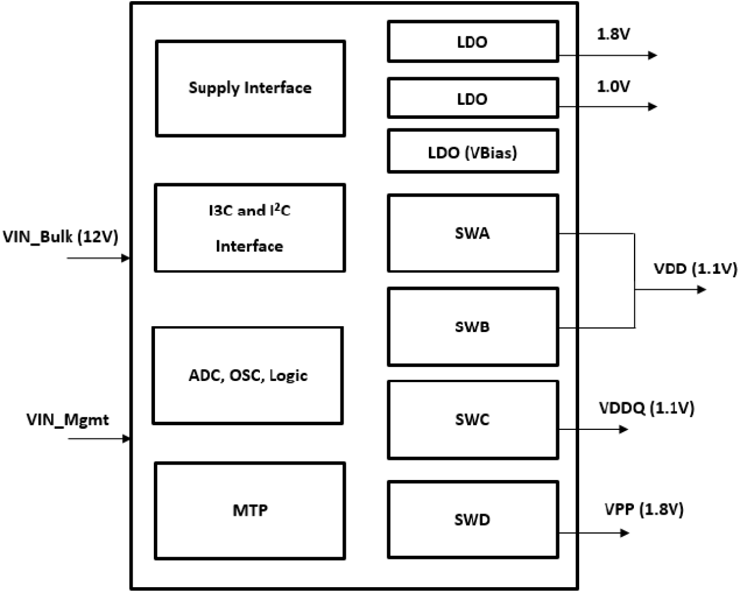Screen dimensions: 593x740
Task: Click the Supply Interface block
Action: point(250,88)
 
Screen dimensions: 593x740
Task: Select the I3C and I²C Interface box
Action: point(249,228)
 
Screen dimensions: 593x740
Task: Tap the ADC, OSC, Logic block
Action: point(247,375)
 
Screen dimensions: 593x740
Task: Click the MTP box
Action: point(250,511)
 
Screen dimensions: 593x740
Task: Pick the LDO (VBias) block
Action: point(473,152)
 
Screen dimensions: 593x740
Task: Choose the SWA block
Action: point(473,233)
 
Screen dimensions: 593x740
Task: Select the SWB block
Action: point(473,326)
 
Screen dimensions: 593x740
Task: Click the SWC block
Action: point(473,419)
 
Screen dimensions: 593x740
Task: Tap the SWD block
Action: point(473,519)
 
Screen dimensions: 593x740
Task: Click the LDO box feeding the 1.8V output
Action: point(473,42)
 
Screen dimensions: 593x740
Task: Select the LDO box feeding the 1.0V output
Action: point(473,98)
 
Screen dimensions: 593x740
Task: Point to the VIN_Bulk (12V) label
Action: point(61,237)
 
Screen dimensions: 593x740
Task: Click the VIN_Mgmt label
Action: point(68,420)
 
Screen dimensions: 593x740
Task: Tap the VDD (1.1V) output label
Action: point(695,269)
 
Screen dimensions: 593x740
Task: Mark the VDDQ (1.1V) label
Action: point(646,408)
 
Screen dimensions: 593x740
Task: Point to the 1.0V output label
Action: point(613,87)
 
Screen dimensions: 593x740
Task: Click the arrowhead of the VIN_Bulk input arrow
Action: point(125,258)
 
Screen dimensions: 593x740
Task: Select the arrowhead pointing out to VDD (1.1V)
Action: point(701,290)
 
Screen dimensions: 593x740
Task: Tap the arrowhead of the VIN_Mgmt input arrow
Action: point(125,439)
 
